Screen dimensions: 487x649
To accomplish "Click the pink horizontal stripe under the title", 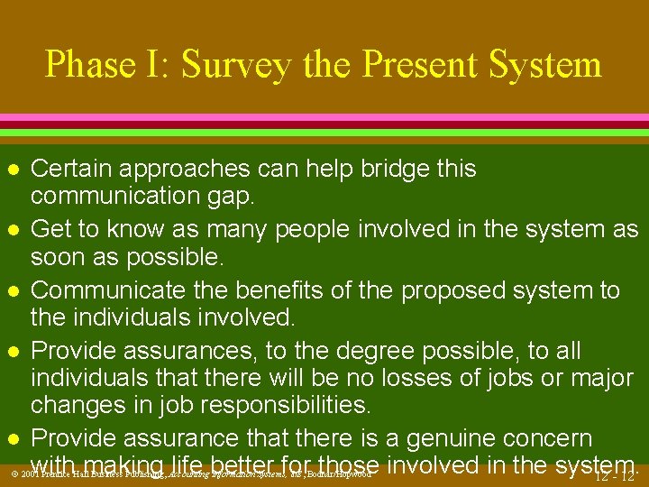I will pyautogui.click(x=324, y=119).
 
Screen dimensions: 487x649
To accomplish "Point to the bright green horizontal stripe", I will pyautogui.click(x=324, y=133).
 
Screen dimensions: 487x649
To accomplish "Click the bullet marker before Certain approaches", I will pyautogui.click(x=11, y=170).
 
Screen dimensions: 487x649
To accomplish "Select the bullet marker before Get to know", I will pyautogui.click(x=11, y=231).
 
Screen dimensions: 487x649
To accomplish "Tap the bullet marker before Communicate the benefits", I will pyautogui.click(x=11, y=291).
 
